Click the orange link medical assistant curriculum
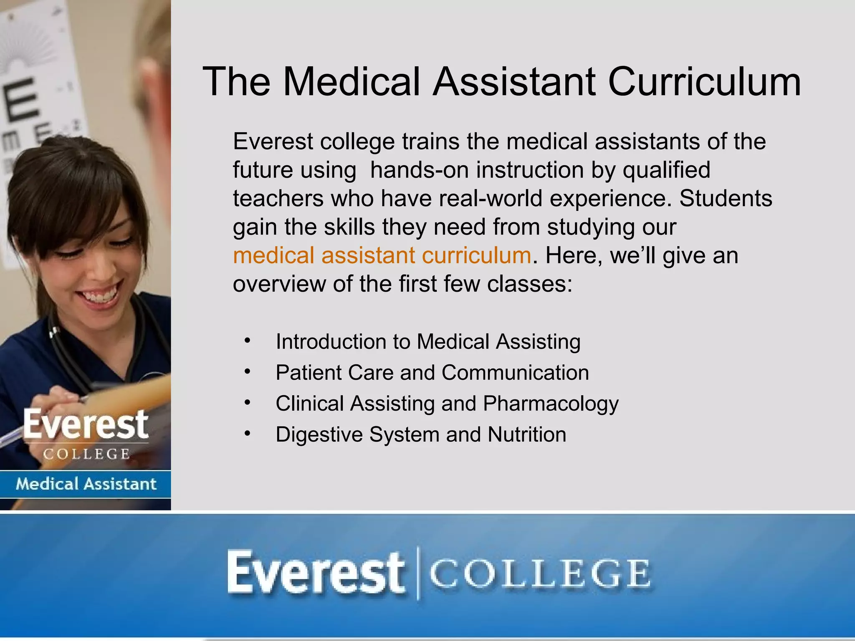[x=382, y=255]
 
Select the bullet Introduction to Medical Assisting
[x=428, y=342]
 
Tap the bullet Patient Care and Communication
[x=432, y=373]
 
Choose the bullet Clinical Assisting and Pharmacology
[x=447, y=404]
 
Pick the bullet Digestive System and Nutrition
[x=421, y=434]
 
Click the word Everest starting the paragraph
[x=273, y=141]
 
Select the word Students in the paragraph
[x=726, y=199]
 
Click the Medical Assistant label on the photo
[x=86, y=484]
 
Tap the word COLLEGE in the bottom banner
[x=539, y=574]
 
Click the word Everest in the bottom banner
[x=316, y=573]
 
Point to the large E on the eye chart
[x=21, y=98]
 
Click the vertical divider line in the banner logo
[x=418, y=573]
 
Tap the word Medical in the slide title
[x=351, y=82]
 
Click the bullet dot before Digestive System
[x=248, y=434]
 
